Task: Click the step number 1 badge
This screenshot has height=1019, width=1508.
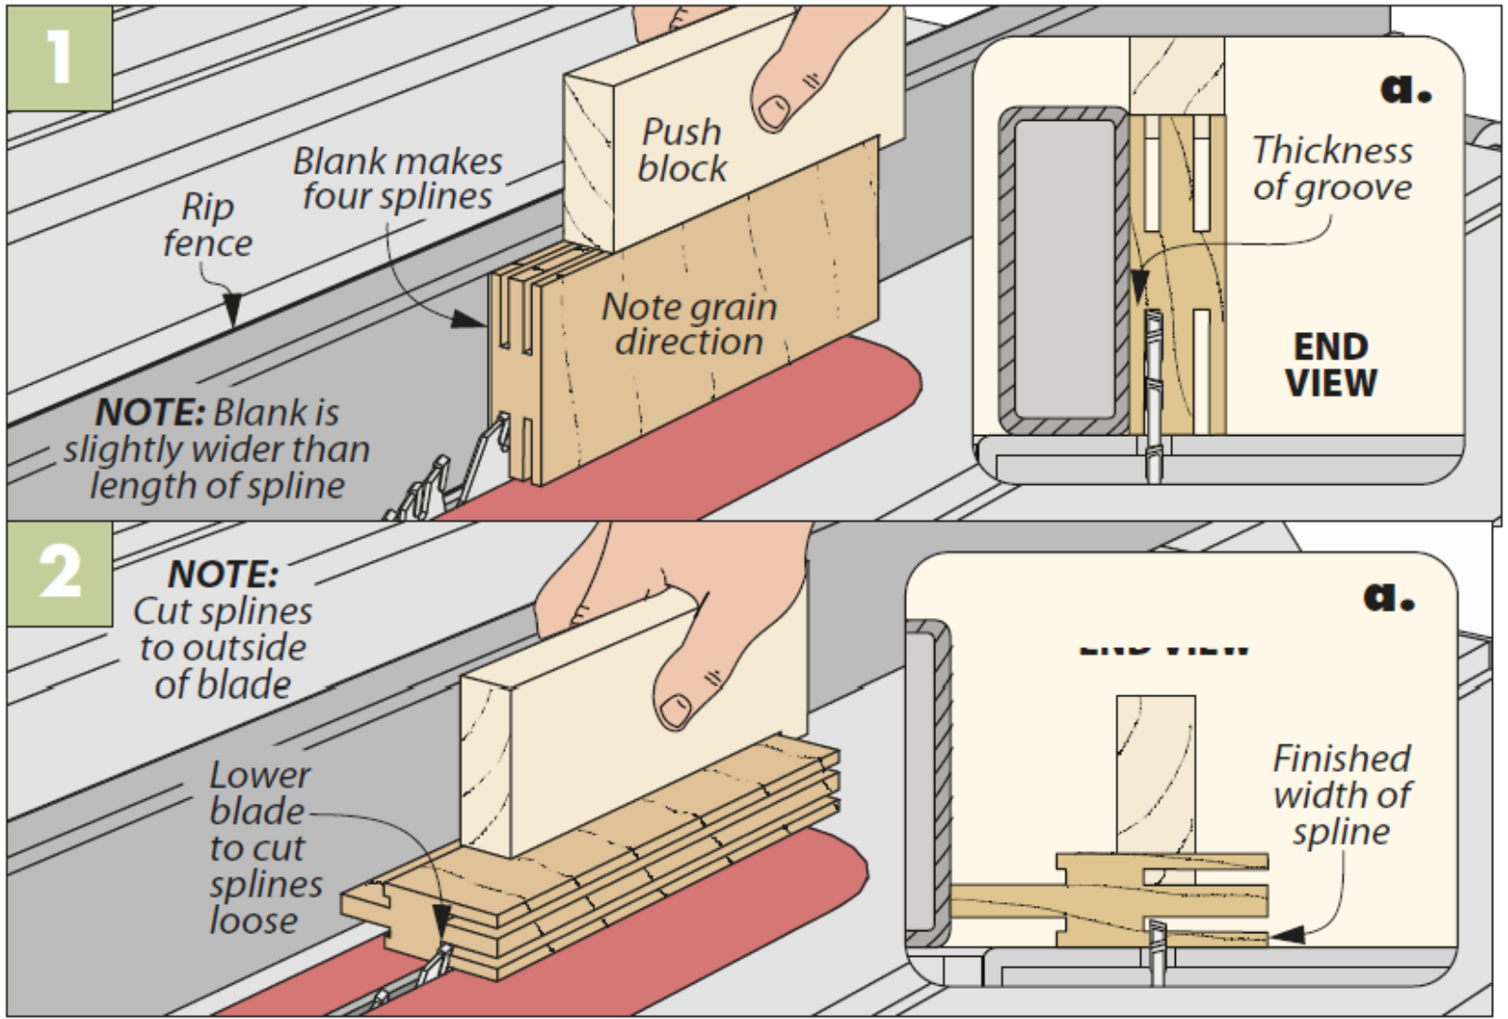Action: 59,57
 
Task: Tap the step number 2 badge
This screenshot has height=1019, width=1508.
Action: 59,572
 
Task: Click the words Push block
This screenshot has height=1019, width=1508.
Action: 681,150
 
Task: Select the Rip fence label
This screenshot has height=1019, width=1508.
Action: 207,225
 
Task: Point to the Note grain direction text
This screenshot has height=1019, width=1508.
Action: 689,324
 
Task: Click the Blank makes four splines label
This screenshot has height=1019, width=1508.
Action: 396,178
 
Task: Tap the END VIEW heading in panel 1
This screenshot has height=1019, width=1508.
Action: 1331,365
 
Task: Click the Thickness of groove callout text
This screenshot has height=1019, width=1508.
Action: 1332,169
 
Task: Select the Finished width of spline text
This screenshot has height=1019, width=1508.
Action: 1341,794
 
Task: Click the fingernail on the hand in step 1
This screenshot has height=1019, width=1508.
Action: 775,110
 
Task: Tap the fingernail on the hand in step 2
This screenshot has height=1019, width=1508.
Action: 675,710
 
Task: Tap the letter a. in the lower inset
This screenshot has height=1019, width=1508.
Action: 1388,595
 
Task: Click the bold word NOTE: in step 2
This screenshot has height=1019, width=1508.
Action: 223,575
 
